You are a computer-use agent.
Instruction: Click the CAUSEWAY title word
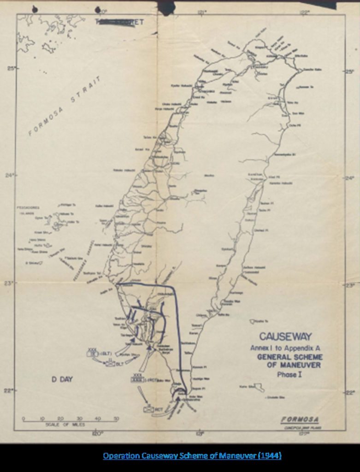point(285,336)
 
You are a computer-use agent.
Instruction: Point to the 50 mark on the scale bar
point(116,419)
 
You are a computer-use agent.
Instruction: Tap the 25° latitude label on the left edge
point(11,69)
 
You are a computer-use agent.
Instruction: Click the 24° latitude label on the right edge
point(351,178)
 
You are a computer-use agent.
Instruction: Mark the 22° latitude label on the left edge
point(11,390)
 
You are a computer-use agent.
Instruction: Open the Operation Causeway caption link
point(192,456)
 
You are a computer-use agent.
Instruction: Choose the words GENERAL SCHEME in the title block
point(289,357)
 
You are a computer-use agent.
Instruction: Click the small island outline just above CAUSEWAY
point(253,321)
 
